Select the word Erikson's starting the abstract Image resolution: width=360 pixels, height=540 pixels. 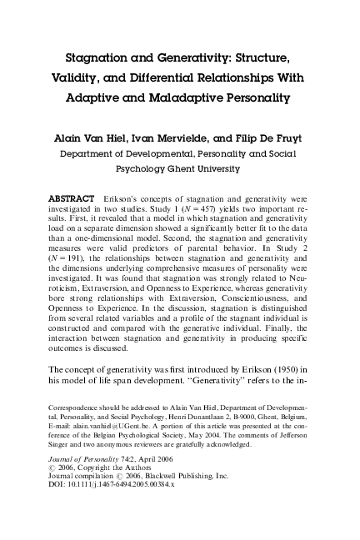(127, 200)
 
